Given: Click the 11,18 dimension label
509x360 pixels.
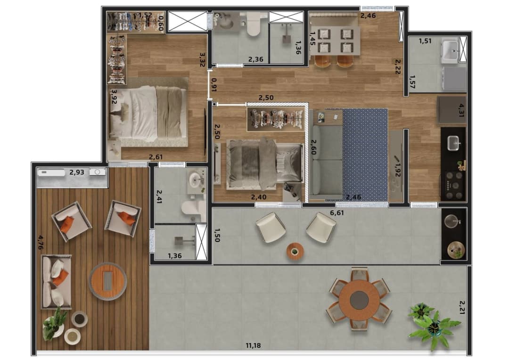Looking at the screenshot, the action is click(253, 345).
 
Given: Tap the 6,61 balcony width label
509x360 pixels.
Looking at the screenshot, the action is click(337, 213).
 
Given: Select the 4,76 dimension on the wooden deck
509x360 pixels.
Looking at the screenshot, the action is click(41, 242).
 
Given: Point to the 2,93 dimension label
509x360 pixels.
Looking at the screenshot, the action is click(77, 172).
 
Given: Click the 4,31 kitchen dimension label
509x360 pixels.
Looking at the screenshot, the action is click(461, 110).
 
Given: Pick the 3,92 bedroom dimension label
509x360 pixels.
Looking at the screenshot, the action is click(114, 97).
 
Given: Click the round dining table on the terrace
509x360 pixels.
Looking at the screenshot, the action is click(359, 299).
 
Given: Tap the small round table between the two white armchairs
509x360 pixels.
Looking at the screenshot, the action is click(295, 252).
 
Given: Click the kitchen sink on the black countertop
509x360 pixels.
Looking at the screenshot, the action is click(454, 143).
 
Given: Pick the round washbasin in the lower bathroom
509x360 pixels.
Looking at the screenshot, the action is click(196, 179).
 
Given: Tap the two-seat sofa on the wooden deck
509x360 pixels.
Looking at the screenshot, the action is click(56, 282).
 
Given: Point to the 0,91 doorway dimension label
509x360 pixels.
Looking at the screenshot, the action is click(213, 85).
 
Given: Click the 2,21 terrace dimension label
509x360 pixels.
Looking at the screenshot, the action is click(462, 307).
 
